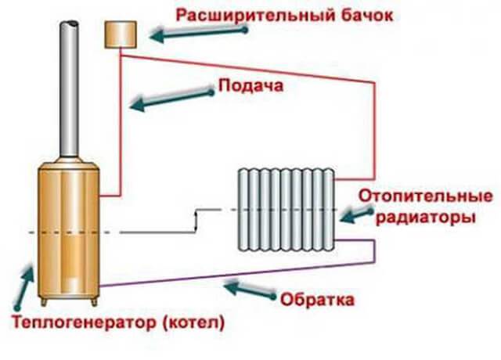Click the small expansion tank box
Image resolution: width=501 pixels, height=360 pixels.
tap(121, 33)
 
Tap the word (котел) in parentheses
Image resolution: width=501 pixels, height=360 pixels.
tap(193, 321)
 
